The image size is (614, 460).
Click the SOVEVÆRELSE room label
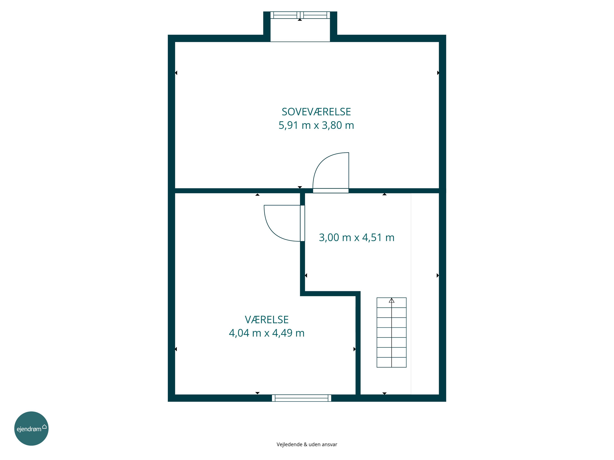[x=316, y=112]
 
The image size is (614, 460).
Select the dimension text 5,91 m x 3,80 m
[x=316, y=125]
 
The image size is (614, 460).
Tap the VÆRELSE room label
[x=267, y=320]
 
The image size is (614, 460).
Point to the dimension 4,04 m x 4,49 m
[x=266, y=333]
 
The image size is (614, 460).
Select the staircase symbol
[x=391, y=332]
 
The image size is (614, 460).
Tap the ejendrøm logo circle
[x=31, y=428]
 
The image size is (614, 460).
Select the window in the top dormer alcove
[x=300, y=15]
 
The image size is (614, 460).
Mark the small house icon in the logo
[x=44, y=426]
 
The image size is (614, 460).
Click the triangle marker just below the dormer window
[x=300, y=20]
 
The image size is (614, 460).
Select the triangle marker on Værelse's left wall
[x=176, y=349]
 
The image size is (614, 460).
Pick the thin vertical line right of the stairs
[x=411, y=294]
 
